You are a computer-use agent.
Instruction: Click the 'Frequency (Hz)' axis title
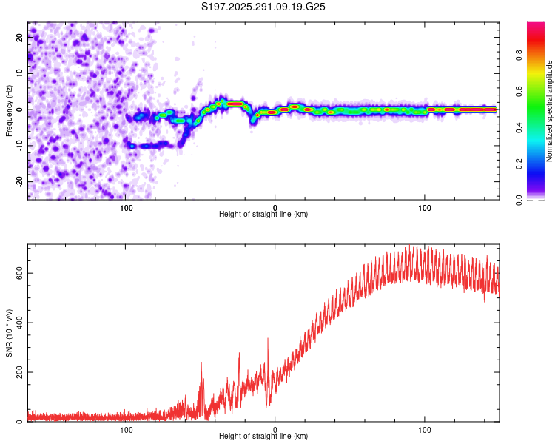tap(9, 111)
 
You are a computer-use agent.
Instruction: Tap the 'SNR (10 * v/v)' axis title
tap(9, 333)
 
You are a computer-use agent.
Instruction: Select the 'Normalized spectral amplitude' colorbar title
tap(550, 111)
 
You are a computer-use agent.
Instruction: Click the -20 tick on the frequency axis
tap(20, 181)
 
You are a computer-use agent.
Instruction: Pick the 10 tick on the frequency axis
tap(20, 74)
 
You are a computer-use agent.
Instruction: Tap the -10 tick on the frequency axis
tap(20, 146)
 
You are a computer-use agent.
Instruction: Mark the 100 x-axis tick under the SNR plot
tap(425, 429)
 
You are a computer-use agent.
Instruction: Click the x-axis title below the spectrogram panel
tap(263, 215)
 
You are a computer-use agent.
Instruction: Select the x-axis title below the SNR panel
tap(263, 438)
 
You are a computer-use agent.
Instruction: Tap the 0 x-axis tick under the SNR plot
tap(275, 429)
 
